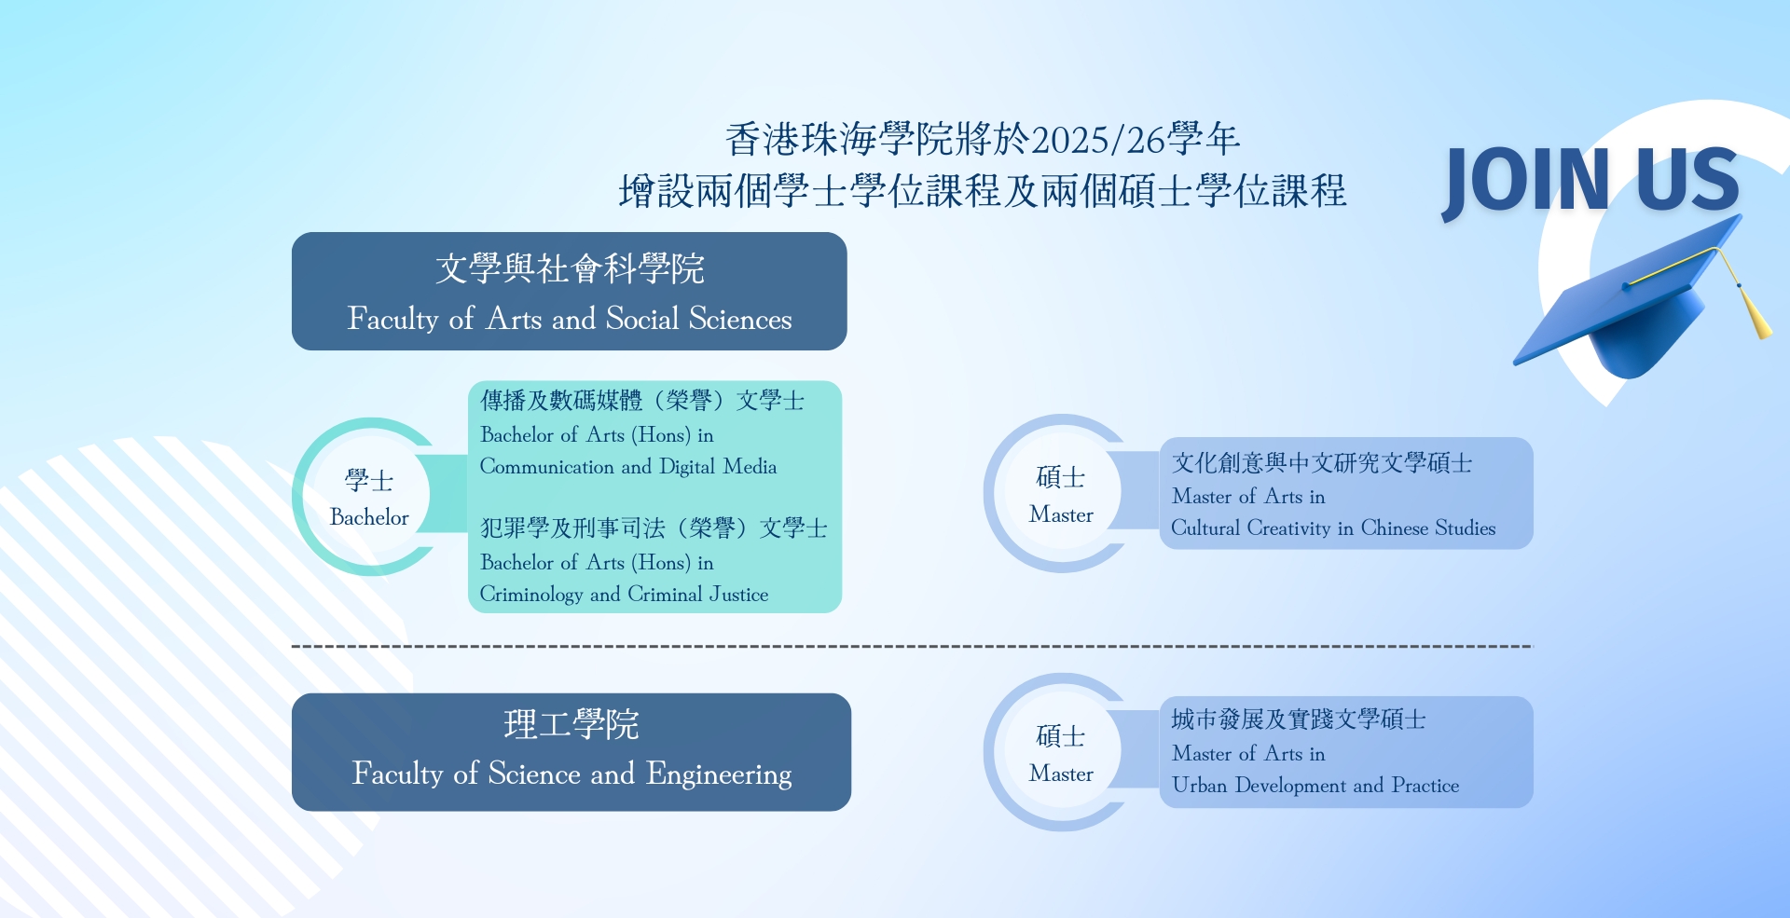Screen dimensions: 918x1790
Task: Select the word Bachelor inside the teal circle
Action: (369, 517)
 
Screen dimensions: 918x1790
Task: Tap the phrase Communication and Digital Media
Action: (627, 467)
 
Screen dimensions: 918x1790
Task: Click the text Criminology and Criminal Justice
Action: (624, 595)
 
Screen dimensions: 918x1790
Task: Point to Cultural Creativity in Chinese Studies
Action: (1332, 528)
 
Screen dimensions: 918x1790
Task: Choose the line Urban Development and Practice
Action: (1315, 786)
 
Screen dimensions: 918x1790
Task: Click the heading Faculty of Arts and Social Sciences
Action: (569, 319)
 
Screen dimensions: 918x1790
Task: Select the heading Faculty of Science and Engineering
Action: (571, 774)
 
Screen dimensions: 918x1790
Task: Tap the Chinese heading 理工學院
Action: (571, 724)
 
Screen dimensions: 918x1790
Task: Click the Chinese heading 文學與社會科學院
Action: (569, 268)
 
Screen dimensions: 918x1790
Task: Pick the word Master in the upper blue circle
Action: (1061, 514)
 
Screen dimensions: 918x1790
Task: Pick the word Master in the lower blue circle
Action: (1061, 774)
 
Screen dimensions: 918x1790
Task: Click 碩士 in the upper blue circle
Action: (1061, 478)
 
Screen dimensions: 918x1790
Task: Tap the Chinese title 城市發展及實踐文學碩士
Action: (1298, 719)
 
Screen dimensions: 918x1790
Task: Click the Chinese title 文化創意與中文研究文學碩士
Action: (1321, 463)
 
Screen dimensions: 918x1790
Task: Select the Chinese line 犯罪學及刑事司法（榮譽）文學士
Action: (653, 528)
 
